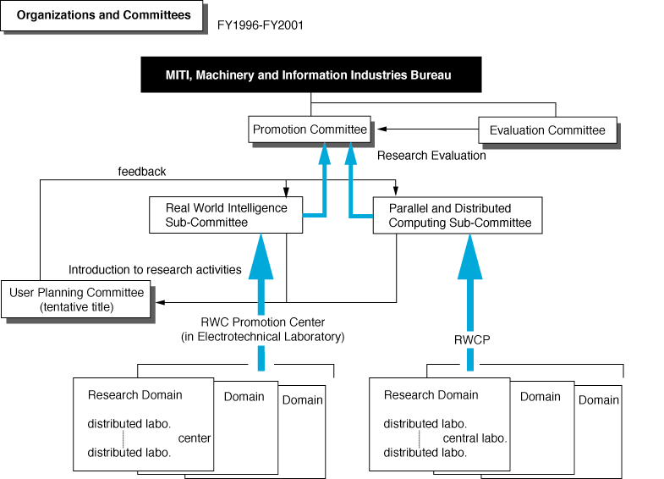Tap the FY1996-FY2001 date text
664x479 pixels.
point(260,25)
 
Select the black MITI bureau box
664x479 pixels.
point(311,74)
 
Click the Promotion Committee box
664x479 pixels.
point(310,129)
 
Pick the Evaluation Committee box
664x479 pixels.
point(547,130)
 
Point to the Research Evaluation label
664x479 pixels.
point(431,156)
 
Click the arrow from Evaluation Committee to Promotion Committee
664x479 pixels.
point(428,129)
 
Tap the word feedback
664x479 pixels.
point(142,172)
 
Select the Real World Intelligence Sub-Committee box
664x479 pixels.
point(226,215)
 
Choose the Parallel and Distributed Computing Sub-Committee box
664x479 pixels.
point(458,215)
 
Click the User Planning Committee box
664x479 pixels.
point(76,299)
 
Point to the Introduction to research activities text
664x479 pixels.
point(155,270)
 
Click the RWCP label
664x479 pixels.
point(472,339)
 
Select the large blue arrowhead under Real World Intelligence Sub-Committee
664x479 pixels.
point(261,257)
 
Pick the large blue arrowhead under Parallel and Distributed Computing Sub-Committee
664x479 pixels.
point(470,257)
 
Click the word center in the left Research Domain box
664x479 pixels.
point(195,438)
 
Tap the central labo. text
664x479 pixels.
point(475,438)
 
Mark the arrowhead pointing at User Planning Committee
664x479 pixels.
point(160,302)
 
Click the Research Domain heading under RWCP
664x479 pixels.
point(431,394)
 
